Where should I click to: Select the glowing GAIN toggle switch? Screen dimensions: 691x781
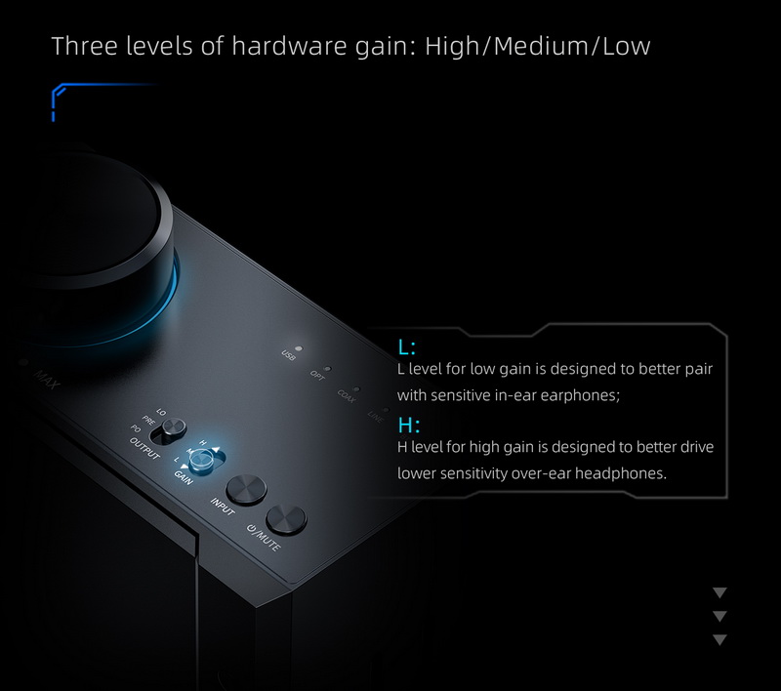[202, 461]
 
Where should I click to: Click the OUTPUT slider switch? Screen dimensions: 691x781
[175, 427]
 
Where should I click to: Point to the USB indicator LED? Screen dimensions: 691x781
[298, 348]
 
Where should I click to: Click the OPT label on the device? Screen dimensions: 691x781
[318, 374]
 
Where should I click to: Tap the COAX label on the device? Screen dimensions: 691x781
[346, 395]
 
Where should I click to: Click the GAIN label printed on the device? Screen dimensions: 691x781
[184, 476]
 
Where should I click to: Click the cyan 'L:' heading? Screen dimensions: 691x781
[407, 346]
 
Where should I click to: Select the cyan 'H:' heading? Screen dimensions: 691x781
[408, 425]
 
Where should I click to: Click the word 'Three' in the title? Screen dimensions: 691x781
[82, 46]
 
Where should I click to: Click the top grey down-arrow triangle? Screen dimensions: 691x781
[720, 592]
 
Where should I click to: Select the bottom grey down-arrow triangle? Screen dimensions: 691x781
[720, 639]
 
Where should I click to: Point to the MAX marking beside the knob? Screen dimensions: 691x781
[47, 377]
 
